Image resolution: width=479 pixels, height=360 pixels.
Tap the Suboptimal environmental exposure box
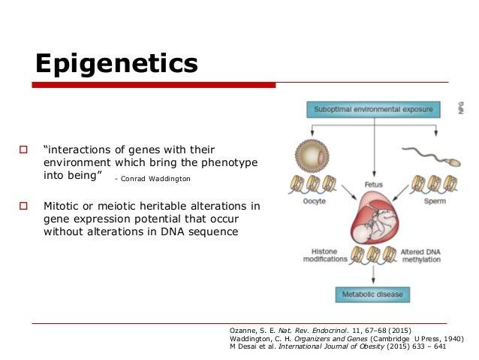374,110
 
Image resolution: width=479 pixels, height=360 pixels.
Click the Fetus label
374,183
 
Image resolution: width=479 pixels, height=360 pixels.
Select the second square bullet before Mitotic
23,205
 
